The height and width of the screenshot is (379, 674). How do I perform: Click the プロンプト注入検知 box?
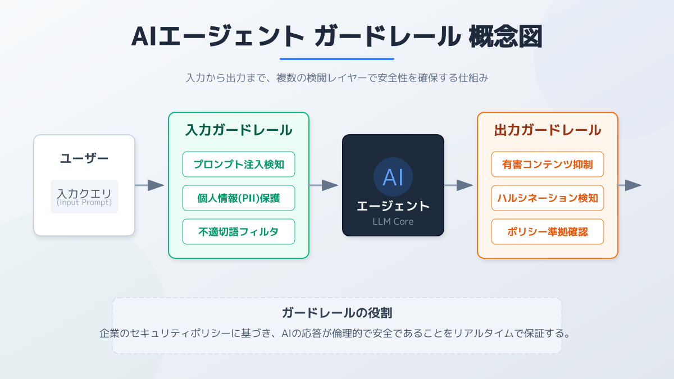[x=239, y=165]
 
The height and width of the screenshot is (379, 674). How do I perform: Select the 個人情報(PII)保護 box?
[x=239, y=198]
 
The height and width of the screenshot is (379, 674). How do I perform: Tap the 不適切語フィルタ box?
[x=239, y=232]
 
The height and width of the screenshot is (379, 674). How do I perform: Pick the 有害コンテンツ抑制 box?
[x=548, y=165]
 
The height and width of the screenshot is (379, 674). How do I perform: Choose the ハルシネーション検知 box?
[x=548, y=198]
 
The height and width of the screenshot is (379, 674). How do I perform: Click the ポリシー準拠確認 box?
[x=548, y=232]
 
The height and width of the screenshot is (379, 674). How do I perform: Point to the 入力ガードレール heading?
[x=239, y=130]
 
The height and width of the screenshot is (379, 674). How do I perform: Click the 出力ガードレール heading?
[x=548, y=130]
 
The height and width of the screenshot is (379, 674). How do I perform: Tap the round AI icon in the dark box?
[x=393, y=177]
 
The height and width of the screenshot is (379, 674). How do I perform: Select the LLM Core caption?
[x=393, y=222]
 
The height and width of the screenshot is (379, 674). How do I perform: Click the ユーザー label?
[x=84, y=158]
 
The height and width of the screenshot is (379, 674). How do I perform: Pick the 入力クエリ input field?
[x=84, y=197]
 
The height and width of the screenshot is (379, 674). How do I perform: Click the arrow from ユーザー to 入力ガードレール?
[x=150, y=185]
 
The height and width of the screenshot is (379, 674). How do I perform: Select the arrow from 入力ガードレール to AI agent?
[x=324, y=185]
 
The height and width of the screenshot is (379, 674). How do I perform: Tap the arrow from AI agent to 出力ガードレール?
[x=459, y=185]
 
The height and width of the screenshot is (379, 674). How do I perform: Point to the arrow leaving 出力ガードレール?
[x=630, y=185]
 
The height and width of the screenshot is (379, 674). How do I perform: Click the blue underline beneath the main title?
[x=337, y=58]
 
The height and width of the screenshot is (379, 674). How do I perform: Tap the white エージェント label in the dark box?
[x=393, y=206]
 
